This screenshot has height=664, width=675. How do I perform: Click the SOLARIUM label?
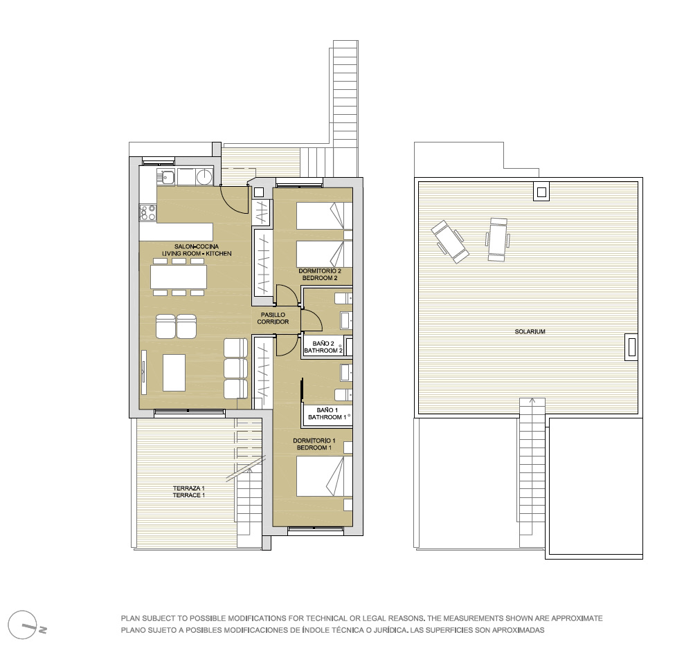pos(530,331)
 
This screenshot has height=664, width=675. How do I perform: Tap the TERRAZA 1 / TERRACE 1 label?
pos(188,492)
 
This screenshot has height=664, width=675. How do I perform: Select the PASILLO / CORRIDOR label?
pos(273,318)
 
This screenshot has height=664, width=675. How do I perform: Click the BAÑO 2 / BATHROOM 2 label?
pos(323,347)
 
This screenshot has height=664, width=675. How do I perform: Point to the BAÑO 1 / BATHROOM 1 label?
pos(327,414)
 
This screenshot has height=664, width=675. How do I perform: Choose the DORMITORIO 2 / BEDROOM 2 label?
pos(320,275)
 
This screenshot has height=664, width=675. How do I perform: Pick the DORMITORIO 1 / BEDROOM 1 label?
pos(314,444)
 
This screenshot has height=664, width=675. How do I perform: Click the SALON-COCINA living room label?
pos(197,250)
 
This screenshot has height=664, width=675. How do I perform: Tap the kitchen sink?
pos(167,177)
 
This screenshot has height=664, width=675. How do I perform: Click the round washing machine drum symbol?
pos(204,176)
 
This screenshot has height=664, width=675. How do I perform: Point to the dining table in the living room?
pos(179,277)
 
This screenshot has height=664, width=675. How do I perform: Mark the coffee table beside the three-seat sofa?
pos(174,372)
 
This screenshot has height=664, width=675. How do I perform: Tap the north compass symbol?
pos(24,625)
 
